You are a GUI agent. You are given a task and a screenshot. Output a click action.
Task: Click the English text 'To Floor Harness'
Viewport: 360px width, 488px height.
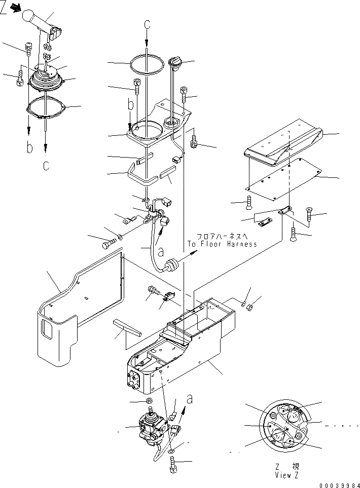tap(222, 244)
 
